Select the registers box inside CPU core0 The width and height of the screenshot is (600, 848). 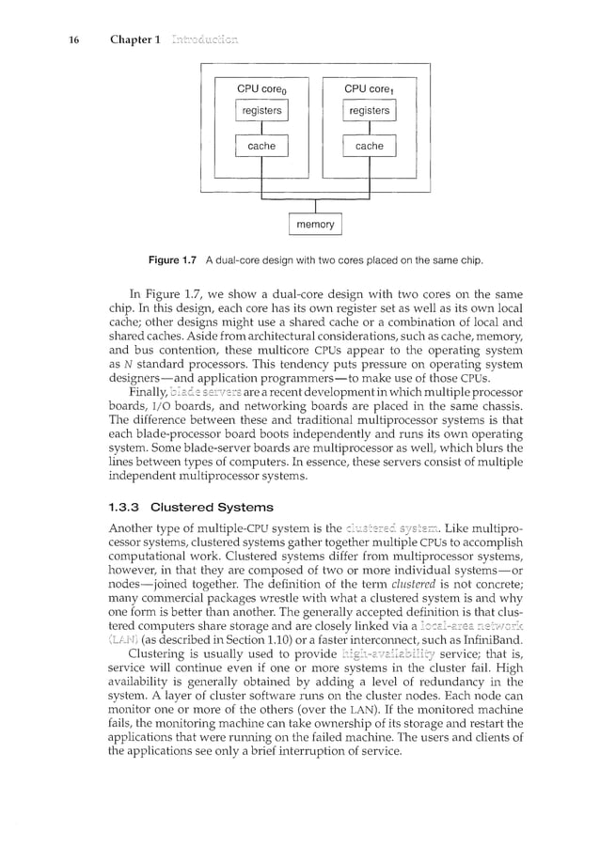pos(261,111)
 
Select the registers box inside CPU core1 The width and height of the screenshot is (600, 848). pos(369,111)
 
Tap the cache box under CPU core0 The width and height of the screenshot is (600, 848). pos(261,146)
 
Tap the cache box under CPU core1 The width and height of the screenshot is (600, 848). pos(369,146)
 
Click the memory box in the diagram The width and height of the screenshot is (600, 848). pos(315,225)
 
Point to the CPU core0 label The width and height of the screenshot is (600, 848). pos(262,89)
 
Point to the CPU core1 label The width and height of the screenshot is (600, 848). pos(370,89)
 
